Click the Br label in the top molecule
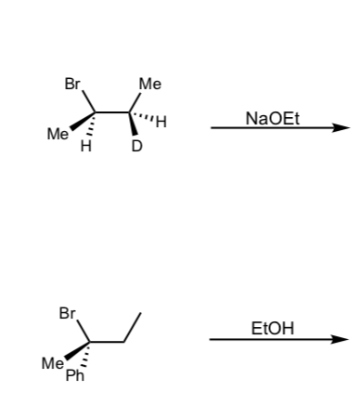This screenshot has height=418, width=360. click(72, 84)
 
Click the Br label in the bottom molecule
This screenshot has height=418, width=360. click(67, 313)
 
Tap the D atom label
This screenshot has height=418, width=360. click(136, 146)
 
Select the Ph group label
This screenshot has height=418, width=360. click(75, 375)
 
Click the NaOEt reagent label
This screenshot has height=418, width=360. click(273, 119)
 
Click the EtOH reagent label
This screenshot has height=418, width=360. click(273, 329)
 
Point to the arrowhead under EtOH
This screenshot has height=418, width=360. click(340, 339)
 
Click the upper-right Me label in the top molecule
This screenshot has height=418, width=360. click(150, 84)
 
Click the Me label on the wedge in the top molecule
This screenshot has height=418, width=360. click(58, 134)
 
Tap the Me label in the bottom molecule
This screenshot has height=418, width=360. click(53, 363)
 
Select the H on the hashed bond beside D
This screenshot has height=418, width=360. click(161, 122)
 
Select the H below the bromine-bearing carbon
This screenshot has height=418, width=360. click(85, 146)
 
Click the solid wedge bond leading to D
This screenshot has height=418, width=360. click(133, 124)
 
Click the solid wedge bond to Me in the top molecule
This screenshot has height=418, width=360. click(83, 121)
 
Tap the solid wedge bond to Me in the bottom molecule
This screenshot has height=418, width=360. click(77, 351)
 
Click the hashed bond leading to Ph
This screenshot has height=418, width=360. click(86, 355)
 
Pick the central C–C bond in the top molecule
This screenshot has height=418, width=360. click(112, 111)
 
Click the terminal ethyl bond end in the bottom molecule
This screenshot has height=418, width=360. click(141, 313)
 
